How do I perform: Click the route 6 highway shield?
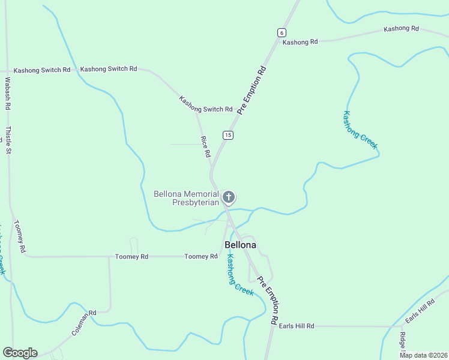point(282,32)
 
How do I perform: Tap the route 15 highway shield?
point(228,135)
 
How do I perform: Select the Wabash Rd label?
point(8,93)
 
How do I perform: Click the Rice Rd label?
point(206,146)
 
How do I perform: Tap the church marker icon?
point(228,197)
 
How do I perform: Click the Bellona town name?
point(240,245)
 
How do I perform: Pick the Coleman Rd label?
point(84,322)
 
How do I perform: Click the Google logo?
point(20,353)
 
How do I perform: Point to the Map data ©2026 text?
point(423,355)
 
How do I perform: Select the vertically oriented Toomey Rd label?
point(19,236)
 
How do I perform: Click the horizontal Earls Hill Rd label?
point(297,326)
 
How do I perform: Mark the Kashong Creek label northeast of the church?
point(360,130)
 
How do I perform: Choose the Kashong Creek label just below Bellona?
point(240,275)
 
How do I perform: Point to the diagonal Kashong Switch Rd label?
point(205,104)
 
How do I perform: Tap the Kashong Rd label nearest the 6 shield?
point(300,42)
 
